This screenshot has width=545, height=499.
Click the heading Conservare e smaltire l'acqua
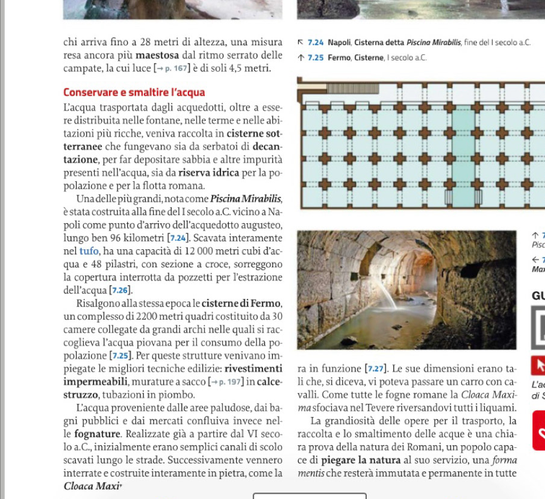click(134, 93)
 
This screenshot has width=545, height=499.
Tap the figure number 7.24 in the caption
click(316, 43)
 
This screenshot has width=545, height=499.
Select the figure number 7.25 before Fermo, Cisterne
click(316, 58)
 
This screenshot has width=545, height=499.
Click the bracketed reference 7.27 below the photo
click(378, 368)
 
